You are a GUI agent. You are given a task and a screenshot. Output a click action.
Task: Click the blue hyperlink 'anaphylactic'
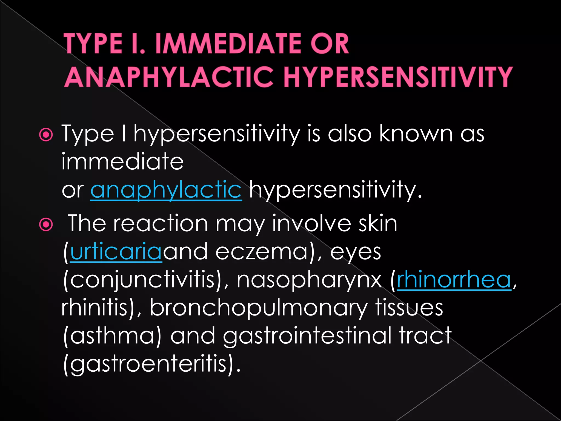coord(166,190)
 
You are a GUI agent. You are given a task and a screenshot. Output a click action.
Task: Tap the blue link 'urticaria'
coord(116,252)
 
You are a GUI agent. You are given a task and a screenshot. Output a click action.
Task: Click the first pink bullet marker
coord(46,135)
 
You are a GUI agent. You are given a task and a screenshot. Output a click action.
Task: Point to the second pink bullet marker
coord(46,225)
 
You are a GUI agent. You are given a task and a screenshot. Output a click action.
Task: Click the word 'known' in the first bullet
coord(416,134)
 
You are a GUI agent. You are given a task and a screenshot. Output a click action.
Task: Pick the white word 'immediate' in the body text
coord(122,162)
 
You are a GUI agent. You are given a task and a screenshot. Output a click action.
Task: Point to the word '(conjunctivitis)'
coord(143,280)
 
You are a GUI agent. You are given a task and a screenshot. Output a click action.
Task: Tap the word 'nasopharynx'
coord(309,280)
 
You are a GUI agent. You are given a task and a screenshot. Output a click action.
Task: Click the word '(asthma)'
coord(112,336)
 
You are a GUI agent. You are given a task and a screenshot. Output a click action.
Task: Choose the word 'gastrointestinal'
coord(307,336)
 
